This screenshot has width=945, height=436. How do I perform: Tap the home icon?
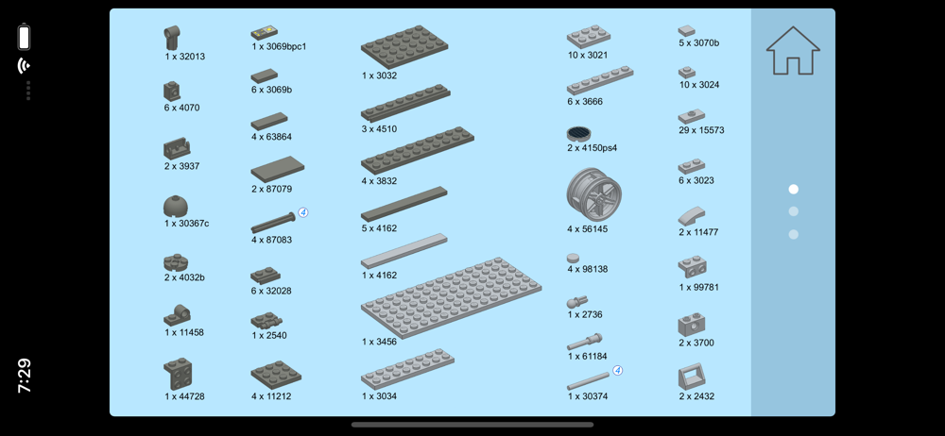click(x=793, y=51)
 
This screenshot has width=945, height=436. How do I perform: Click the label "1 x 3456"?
click(x=379, y=342)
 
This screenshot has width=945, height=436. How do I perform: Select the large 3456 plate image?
click(x=451, y=297)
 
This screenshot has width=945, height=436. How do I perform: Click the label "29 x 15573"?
click(x=701, y=130)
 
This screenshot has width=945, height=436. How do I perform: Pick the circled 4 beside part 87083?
click(x=303, y=212)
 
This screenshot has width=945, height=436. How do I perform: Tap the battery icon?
click(x=25, y=37)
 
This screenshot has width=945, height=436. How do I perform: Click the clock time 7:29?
click(x=25, y=376)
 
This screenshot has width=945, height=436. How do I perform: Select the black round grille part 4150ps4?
click(x=578, y=134)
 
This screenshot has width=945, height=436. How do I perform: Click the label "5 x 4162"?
click(x=379, y=228)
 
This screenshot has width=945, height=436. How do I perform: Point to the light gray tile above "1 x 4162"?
click(x=404, y=250)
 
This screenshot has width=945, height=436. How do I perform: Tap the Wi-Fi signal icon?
click(x=25, y=65)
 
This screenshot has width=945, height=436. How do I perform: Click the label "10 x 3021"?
click(x=587, y=55)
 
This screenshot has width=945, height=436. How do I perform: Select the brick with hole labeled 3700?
click(x=692, y=326)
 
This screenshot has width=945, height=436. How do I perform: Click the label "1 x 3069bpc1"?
click(x=279, y=46)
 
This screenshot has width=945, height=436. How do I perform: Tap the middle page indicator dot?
click(x=793, y=211)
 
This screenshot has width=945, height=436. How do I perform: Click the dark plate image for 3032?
click(x=404, y=46)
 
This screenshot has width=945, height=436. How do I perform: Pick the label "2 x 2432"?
click(x=696, y=396)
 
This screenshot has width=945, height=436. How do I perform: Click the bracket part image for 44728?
click(x=178, y=374)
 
